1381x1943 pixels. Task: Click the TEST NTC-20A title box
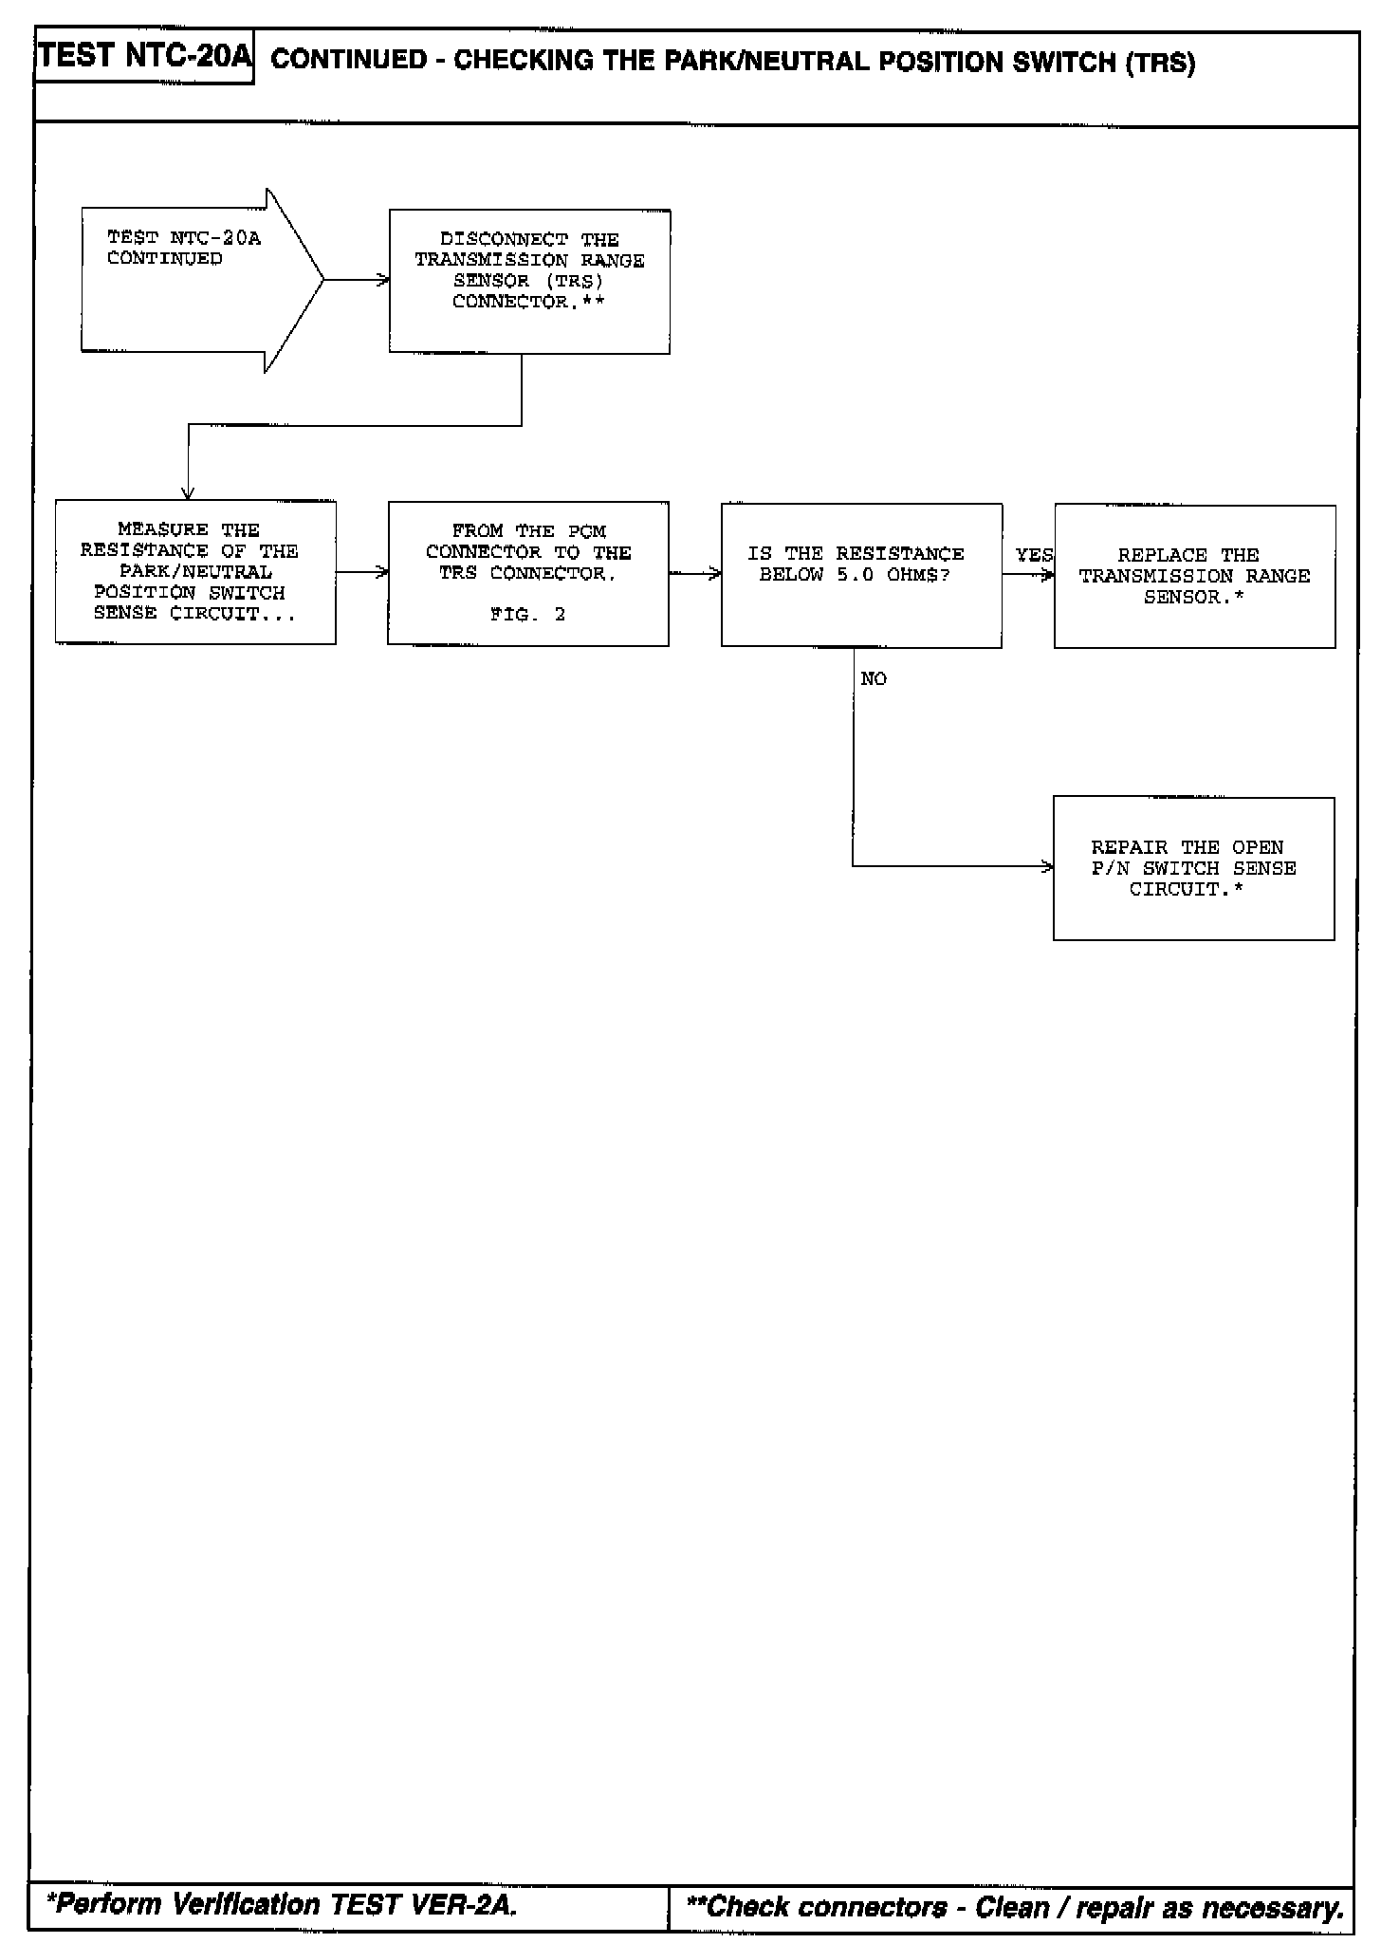144,58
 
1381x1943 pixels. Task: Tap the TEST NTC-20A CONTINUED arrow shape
190,280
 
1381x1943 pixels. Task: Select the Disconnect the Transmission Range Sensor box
529,281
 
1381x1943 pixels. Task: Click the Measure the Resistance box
195,572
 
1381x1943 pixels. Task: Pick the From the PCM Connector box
528,573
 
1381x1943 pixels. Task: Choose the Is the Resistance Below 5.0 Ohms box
861,575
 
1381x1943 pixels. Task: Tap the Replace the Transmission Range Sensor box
1194,576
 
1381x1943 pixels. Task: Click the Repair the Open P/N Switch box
1193,868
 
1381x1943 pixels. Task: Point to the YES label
1033,555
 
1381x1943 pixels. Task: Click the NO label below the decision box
874,679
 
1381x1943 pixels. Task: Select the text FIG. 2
528,615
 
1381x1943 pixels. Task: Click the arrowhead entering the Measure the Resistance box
188,492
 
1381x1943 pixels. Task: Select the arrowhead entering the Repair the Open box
1047,866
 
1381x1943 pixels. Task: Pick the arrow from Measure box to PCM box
361,572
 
